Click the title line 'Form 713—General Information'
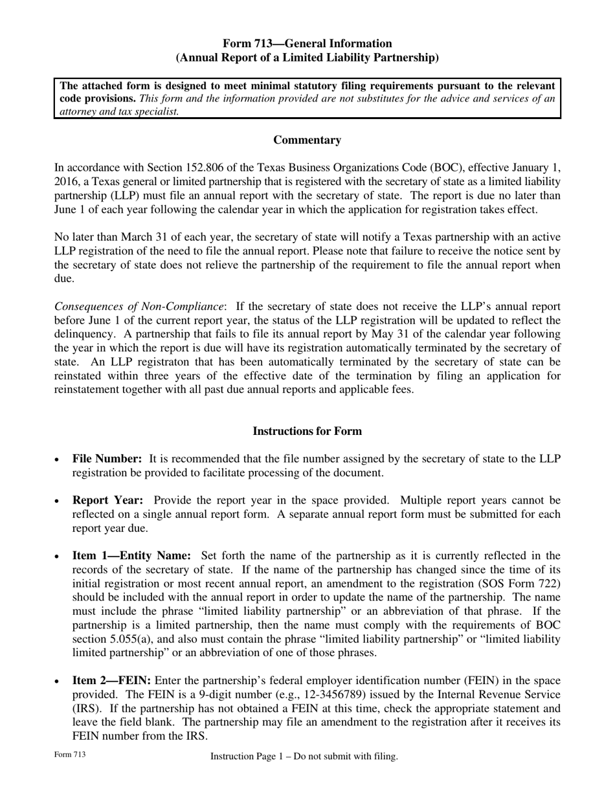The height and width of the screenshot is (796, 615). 307,43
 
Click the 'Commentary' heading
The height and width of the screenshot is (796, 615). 307,140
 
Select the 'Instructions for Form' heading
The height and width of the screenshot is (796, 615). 307,431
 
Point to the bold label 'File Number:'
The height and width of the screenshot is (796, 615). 107,459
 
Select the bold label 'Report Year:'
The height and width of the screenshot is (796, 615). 107,500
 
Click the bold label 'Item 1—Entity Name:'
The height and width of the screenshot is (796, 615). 131,556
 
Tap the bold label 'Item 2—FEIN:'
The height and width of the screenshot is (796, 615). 112,681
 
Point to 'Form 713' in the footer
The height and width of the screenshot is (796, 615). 70,755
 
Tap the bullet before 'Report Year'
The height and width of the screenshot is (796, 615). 58,501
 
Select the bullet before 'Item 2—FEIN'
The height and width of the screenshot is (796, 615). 58,681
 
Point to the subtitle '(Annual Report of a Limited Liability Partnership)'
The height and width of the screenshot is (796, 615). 307,58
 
